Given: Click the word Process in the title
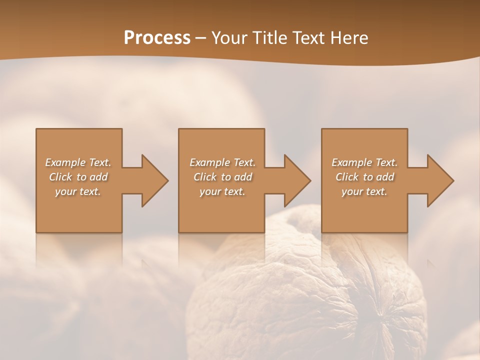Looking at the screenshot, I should coord(157,38).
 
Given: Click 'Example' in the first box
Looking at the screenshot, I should coord(65,162).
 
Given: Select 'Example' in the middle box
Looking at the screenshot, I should coord(209,162).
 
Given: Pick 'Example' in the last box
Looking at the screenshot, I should coord(351,162).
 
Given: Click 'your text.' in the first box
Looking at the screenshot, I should coord(78,191).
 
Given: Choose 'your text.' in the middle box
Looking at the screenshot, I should coord(222,191).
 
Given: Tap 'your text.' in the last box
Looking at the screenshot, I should coord(364,191).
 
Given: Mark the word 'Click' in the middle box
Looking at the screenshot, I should coord(205,177).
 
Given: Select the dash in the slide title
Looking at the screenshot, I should coord(200,38).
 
